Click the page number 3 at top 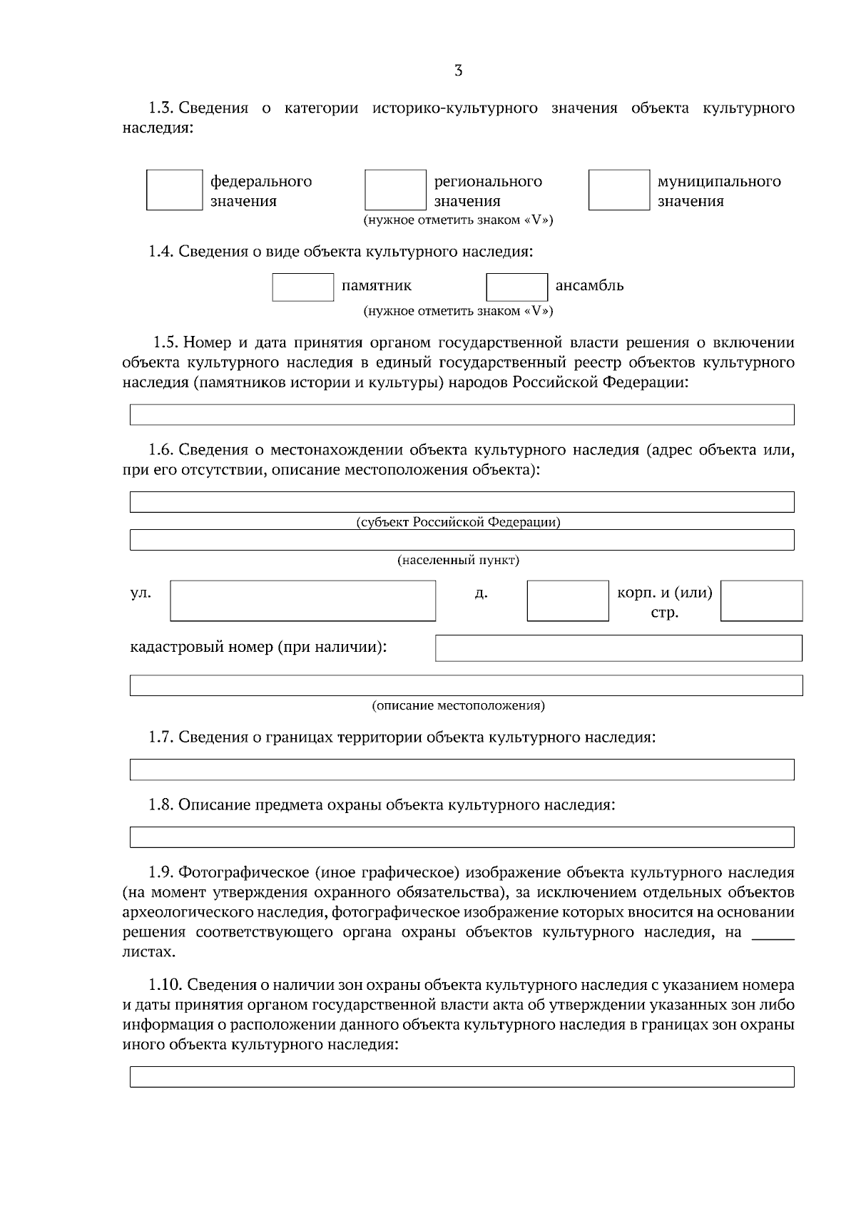[458, 71]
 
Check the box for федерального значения [175, 190]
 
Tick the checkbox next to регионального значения [395, 190]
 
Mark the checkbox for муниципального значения [619, 190]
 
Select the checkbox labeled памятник [303, 287]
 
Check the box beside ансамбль [517, 287]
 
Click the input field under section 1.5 [462, 414]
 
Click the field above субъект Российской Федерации [462, 501]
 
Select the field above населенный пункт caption [462, 540]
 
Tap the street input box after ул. [302, 601]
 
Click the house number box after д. [568, 601]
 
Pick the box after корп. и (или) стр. [761, 601]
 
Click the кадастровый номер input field [618, 648]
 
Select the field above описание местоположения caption [466, 685]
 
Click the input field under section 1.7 [462, 770]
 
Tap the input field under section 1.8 [462, 837]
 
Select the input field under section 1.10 [462, 1077]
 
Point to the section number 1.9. [160, 873]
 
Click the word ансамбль [589, 286]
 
